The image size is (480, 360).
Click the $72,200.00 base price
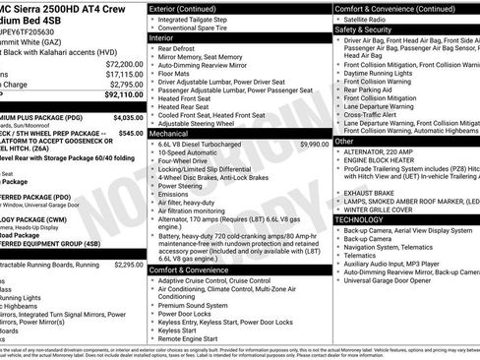pyautogui.click(x=125, y=63)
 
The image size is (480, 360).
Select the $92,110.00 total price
pyautogui.click(x=125, y=95)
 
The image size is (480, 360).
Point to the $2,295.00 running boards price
pyautogui.click(x=128, y=265)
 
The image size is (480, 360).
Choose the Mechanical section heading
pyautogui.click(x=169, y=132)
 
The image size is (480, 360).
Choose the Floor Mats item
pyautogui.click(x=177, y=73)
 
